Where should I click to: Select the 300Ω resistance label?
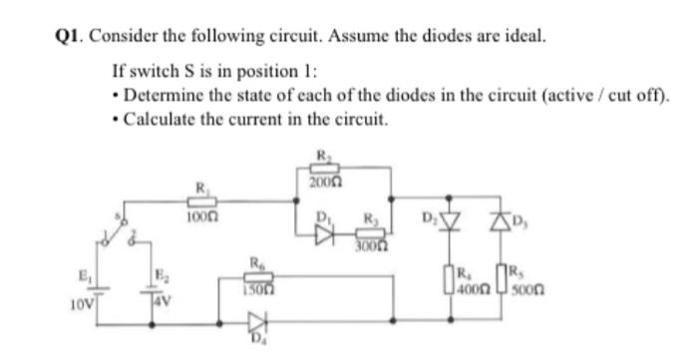[x=370, y=246]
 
